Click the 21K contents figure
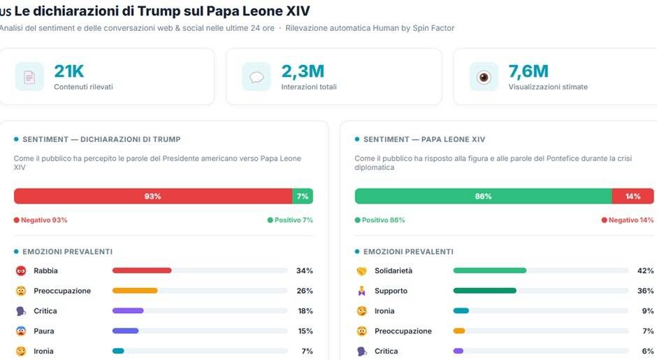69,71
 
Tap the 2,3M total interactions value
303,71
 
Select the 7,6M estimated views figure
528,71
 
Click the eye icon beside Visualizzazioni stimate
484,77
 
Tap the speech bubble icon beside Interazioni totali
257,77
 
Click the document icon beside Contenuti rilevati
29,77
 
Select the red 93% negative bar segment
152,196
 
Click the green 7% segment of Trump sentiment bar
303,196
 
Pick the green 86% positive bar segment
483,196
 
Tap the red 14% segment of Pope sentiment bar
633,196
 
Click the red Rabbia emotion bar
142,271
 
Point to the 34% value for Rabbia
304,271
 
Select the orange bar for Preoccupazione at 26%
135,291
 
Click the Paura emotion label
43,331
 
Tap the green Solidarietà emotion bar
489,271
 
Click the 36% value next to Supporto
645,291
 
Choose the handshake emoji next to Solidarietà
361,271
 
